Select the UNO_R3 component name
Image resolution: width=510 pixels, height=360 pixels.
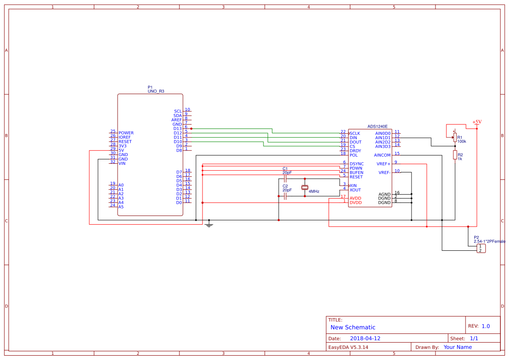[155, 91]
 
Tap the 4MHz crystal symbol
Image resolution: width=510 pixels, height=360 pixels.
[305, 188]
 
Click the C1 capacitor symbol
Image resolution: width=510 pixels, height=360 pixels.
[285, 179]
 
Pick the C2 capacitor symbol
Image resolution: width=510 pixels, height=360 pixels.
[285, 196]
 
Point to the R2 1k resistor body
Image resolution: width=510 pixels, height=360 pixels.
[455, 155]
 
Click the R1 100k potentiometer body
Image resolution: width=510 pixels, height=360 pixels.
[455, 138]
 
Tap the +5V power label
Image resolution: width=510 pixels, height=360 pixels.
[477, 122]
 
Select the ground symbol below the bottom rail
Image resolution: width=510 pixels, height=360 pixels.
[209, 225]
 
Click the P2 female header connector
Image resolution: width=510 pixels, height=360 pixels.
[480, 249]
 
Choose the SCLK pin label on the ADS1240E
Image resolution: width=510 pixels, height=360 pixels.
[355, 133]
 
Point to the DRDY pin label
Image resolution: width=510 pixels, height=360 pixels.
[355, 151]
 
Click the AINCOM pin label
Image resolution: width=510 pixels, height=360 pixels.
[382, 155]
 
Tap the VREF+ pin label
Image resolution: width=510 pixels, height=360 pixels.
[383, 164]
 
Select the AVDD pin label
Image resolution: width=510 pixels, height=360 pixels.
[355, 198]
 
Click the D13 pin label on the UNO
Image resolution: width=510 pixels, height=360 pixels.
[177, 128]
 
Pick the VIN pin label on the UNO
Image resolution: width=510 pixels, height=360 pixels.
[122, 163]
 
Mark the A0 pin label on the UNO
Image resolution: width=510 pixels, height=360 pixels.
[121, 185]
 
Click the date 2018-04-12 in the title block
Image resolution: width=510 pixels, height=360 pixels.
[365, 338]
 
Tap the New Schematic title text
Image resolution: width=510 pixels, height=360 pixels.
[353, 327]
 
